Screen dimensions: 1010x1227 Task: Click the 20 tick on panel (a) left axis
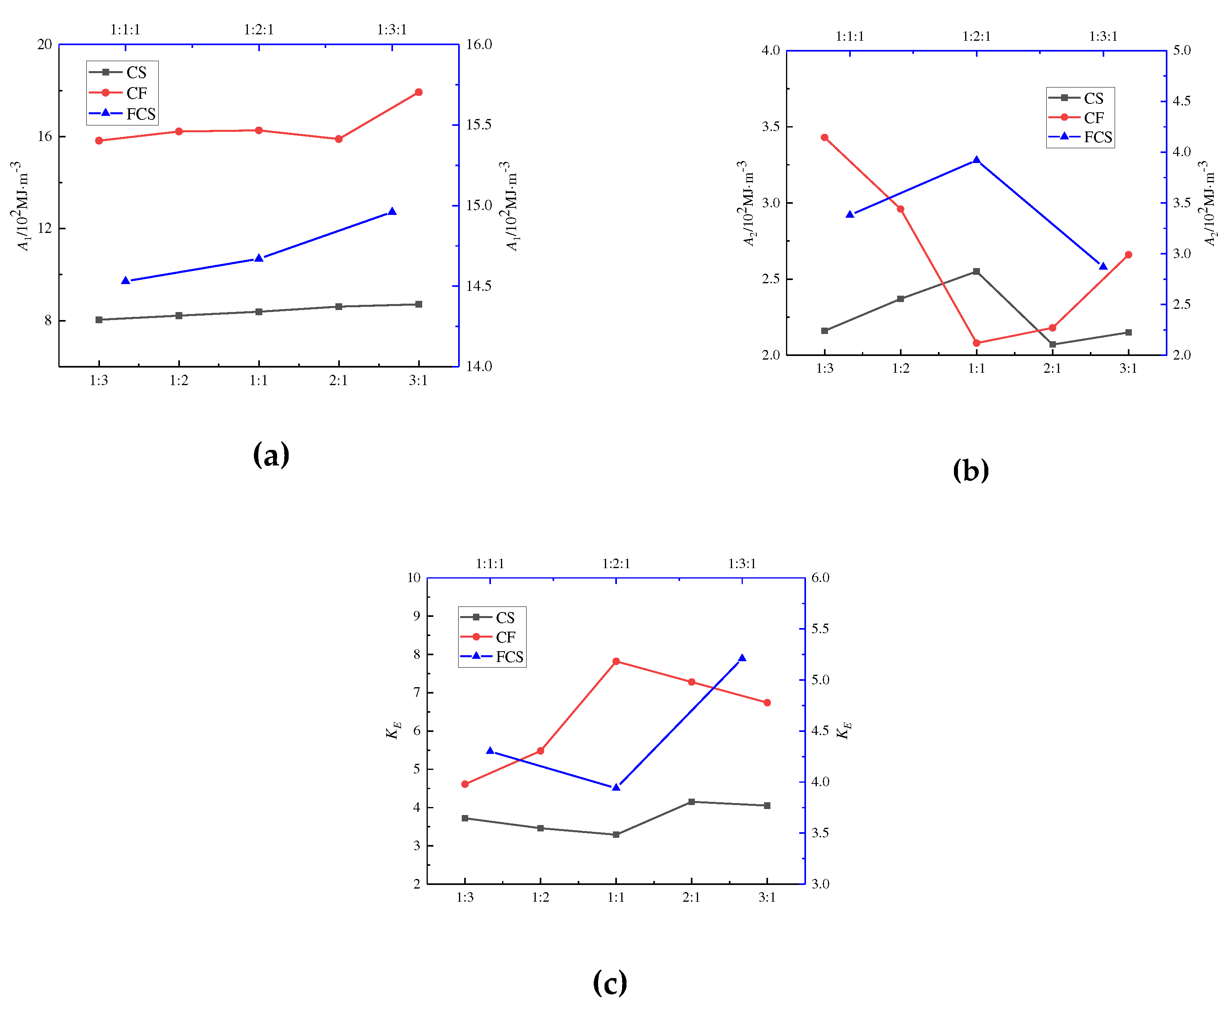(x=45, y=45)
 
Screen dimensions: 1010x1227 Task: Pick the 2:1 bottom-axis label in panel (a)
(x=338, y=380)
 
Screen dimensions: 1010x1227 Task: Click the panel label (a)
(x=271, y=454)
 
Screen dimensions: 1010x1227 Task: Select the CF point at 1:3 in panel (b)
(x=824, y=137)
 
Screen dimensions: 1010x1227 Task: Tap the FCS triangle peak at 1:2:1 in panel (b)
(x=976, y=160)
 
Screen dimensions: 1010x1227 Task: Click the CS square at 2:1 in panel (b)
(x=1052, y=344)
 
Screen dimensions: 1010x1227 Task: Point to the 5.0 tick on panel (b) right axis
(x=1181, y=51)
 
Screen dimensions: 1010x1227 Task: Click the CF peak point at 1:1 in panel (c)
(x=616, y=661)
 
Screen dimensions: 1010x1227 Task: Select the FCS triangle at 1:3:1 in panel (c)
(x=742, y=658)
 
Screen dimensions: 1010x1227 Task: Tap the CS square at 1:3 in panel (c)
(x=465, y=817)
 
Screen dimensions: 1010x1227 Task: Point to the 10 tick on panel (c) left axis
(x=414, y=578)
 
